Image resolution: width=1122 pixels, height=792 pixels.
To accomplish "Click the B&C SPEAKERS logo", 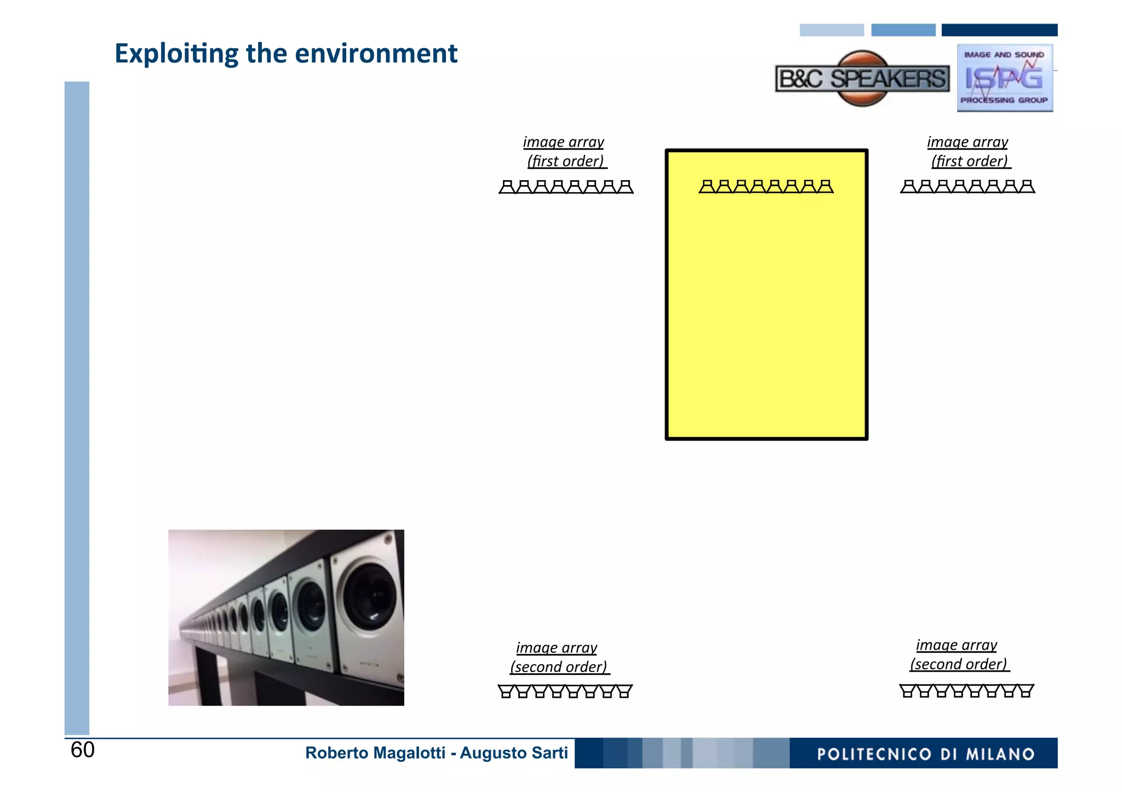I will coord(862,79).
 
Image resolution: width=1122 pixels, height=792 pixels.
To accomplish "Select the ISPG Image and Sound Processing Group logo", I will coord(1004,78).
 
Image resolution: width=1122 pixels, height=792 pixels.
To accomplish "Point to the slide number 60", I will coord(83,750).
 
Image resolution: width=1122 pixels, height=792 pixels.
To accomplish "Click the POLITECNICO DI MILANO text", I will coord(925,754).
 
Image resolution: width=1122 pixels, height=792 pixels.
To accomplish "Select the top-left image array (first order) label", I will coord(565,152).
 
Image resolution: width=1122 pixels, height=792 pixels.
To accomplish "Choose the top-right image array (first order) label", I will coord(969,152).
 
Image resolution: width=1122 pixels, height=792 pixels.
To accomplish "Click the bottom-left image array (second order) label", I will coord(558,657).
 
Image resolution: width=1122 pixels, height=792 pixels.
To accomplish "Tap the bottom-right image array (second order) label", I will coord(958,655).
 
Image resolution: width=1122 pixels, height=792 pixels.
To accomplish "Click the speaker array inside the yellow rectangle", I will coord(766,187).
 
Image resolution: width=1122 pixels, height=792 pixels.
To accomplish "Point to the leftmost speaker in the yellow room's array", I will coord(707,187).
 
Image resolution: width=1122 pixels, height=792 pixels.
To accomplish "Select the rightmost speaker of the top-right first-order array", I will coord(1027,187).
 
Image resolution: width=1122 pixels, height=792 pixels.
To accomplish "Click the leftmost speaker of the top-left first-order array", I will coord(507,187).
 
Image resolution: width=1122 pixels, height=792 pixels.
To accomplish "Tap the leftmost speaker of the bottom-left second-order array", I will coord(506,691).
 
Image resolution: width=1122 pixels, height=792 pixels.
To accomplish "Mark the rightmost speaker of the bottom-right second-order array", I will coord(1026,691).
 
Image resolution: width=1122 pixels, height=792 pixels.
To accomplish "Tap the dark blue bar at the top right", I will coord(999,30).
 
